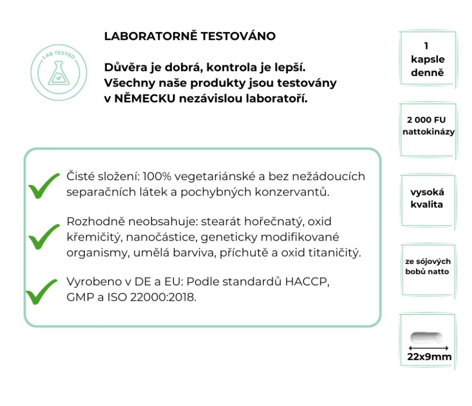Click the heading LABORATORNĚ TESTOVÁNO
[x=189, y=36]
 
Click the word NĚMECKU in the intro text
[x=144, y=99]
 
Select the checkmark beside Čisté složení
[x=44, y=185]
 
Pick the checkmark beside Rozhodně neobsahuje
[x=44, y=236]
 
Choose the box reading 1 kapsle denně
[x=427, y=59]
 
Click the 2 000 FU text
[x=427, y=120]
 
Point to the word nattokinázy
[x=428, y=132]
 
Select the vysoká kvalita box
[x=427, y=198]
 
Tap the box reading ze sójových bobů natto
[x=427, y=267]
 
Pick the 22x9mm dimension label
[x=429, y=356]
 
